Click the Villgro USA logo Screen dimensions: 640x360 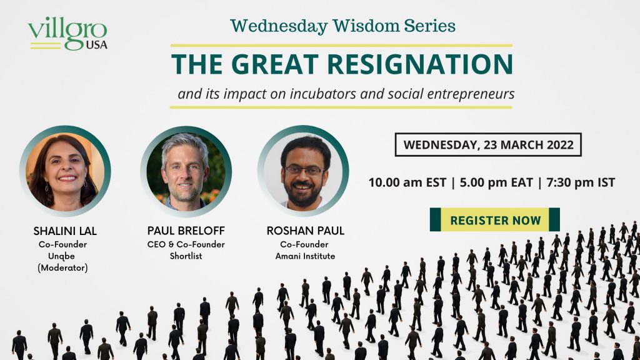pyautogui.click(x=67, y=34)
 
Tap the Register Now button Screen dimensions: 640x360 pyautogui.click(x=495, y=219)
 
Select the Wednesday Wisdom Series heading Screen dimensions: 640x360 pyautogui.click(x=342, y=26)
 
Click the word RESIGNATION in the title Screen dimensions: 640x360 pyautogui.click(x=420, y=64)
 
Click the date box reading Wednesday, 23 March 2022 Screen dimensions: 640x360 pyautogui.click(x=488, y=144)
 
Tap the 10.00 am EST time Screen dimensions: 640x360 pyautogui.click(x=407, y=182)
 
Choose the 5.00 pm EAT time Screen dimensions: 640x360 pyautogui.click(x=496, y=182)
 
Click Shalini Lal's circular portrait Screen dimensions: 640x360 pyautogui.click(x=65, y=171)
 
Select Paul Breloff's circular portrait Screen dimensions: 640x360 pyautogui.click(x=186, y=171)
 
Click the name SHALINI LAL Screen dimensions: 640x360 pyautogui.click(x=65, y=231)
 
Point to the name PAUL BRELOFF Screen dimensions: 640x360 pyautogui.click(x=186, y=231)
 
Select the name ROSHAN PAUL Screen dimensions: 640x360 pyautogui.click(x=305, y=231)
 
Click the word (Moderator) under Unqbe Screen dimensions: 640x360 pyautogui.click(x=63, y=267)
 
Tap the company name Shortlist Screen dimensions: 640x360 pyautogui.click(x=186, y=256)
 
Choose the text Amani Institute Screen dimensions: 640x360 pyautogui.click(x=305, y=256)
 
